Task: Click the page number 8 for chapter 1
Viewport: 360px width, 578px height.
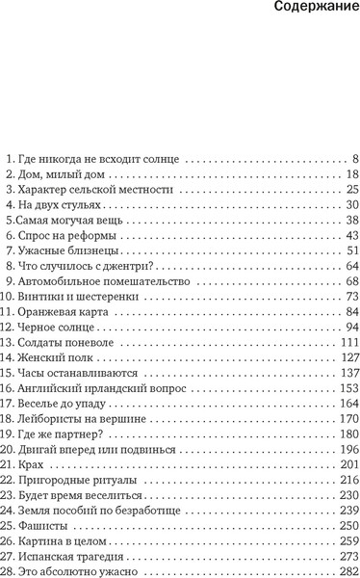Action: click(354, 157)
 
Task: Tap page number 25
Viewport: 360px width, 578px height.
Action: click(350, 190)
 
